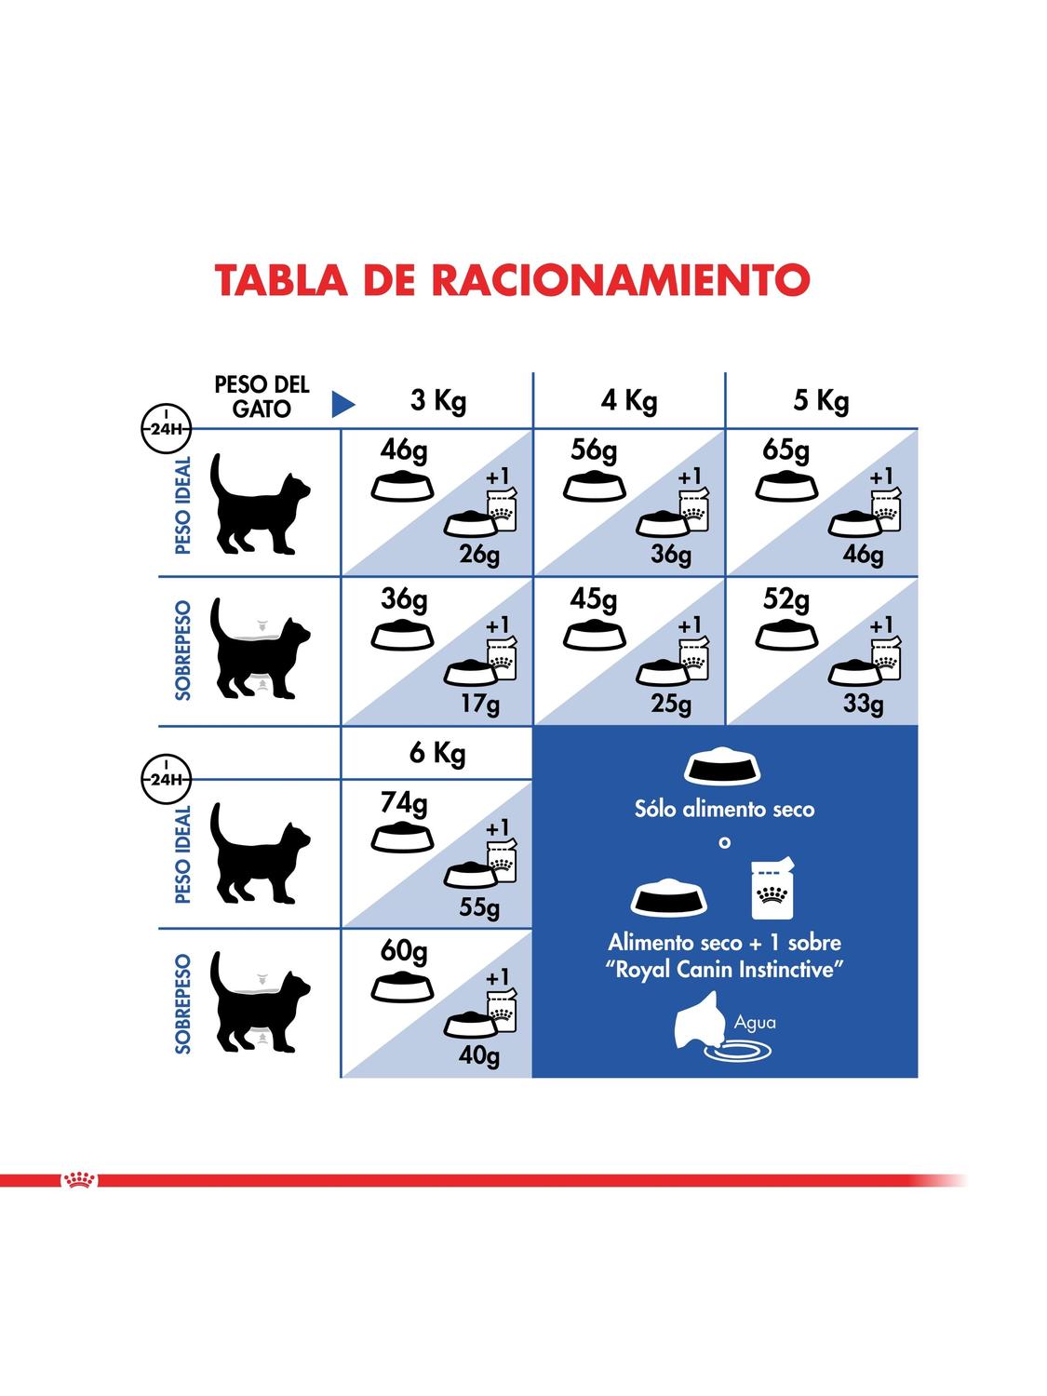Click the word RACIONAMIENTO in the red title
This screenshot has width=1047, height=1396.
point(623,279)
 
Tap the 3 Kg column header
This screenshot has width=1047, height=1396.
point(438,401)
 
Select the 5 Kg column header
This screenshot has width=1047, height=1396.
point(821,401)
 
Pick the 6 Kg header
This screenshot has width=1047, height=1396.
point(437,753)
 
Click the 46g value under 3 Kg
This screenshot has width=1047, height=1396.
point(404,451)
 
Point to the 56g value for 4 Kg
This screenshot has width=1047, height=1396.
point(594,451)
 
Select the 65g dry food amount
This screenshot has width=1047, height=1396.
point(785,451)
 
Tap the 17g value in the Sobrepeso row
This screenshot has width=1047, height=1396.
point(480,704)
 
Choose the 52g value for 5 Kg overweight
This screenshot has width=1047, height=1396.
point(786,599)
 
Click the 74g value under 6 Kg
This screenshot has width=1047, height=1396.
point(404,804)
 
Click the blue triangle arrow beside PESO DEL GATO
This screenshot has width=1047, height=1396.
point(343,405)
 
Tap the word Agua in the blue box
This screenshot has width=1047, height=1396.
point(755,1023)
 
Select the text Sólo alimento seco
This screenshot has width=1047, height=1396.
point(724,809)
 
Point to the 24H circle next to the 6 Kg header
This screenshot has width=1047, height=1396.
point(166,778)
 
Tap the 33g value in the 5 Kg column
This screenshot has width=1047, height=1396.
point(864,704)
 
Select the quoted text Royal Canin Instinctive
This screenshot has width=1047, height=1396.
point(724,970)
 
